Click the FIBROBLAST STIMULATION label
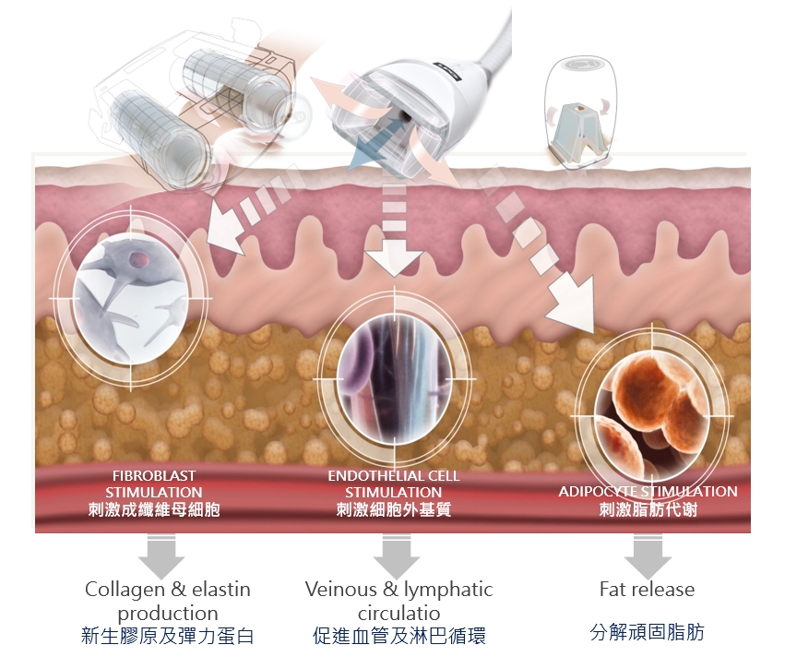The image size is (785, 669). click(x=153, y=484)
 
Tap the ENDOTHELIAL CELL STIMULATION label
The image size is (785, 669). click(x=394, y=484)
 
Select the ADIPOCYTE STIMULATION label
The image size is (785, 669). click(x=648, y=492)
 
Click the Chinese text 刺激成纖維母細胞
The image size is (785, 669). click(x=154, y=509)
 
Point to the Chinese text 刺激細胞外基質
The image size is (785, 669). click(x=394, y=509)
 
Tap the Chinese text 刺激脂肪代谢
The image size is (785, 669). click(x=648, y=509)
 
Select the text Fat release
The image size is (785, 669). click(x=647, y=590)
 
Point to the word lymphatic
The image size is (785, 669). click(x=446, y=590)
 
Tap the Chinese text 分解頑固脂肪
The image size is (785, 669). click(x=647, y=633)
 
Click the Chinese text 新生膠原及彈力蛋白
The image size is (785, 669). click(x=167, y=636)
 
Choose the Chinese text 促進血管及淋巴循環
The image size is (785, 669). click(x=398, y=636)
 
